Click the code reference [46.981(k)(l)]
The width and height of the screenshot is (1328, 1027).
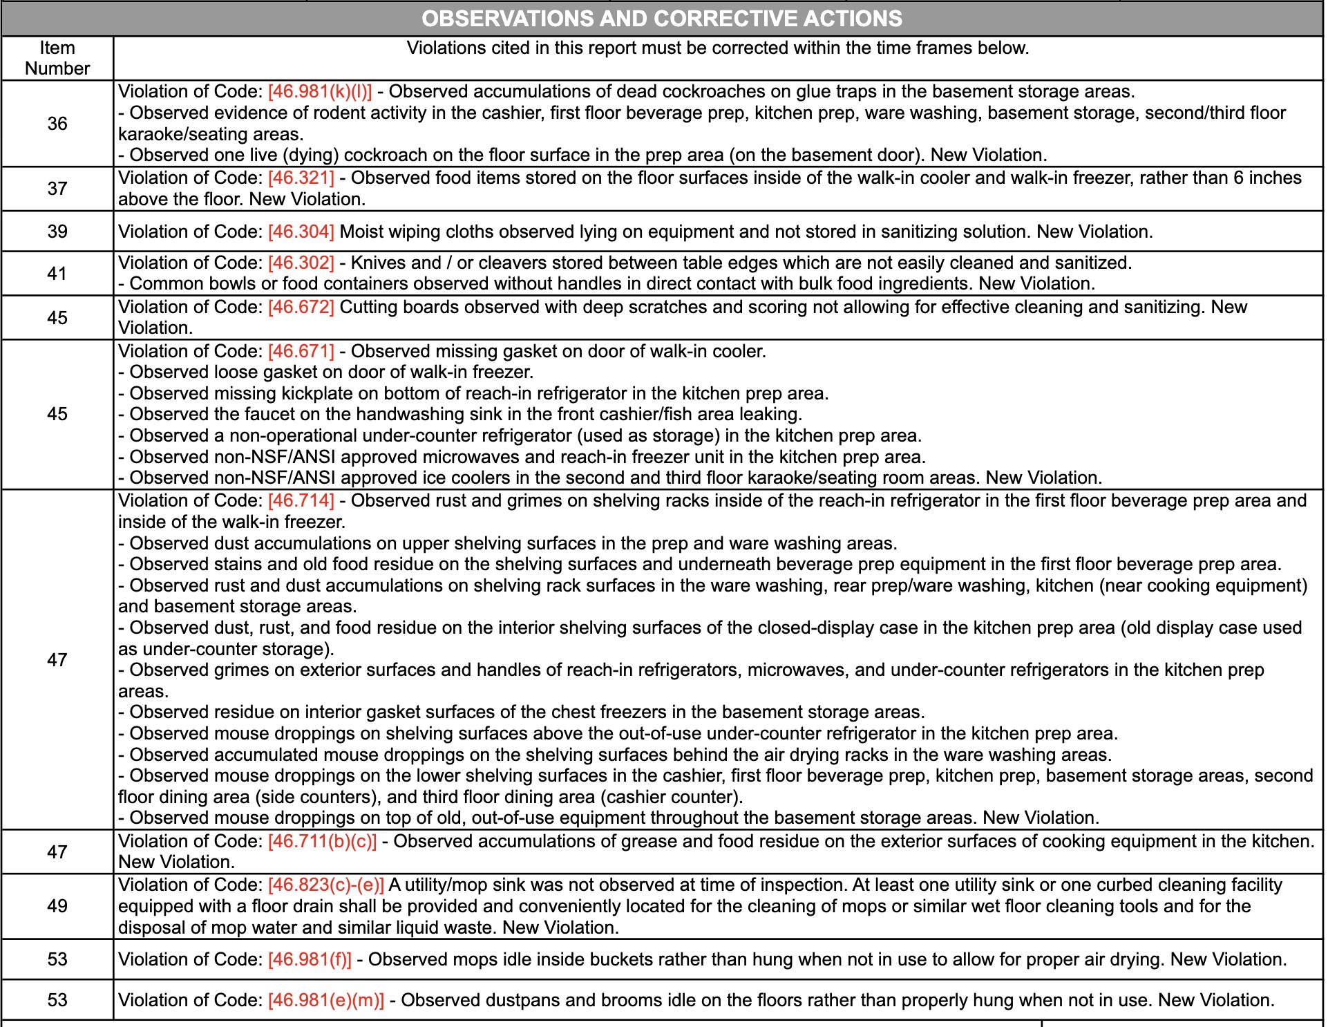coord(319,92)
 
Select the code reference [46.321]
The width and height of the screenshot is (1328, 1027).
coord(301,178)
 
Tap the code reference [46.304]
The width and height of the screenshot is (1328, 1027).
coord(301,232)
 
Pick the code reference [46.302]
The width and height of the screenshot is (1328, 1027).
coord(301,263)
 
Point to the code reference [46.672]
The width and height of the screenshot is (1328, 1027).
coord(301,307)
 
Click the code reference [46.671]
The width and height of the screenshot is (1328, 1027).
coord(301,351)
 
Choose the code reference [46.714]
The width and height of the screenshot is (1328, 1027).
coord(301,500)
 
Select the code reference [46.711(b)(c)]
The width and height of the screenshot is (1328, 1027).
coord(322,841)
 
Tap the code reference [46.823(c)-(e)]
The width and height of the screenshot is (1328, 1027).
coord(325,885)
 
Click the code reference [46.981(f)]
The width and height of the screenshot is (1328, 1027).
coord(310,959)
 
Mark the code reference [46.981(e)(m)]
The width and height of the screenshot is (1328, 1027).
coord(325,1000)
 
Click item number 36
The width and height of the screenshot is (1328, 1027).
coord(57,124)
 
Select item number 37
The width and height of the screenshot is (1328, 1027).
coord(57,189)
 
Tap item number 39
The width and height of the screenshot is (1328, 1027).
coord(57,232)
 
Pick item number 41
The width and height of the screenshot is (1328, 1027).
coord(57,274)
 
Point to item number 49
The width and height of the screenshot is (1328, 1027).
coord(57,906)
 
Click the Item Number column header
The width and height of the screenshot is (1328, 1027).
coord(57,58)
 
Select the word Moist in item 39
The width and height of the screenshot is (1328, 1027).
coord(362,232)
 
